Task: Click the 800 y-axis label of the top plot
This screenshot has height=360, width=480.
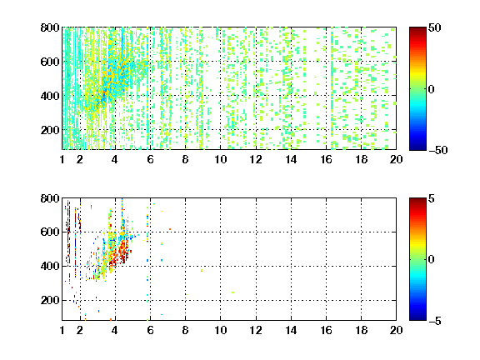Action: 50,27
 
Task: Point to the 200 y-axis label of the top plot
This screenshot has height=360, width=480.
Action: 50,130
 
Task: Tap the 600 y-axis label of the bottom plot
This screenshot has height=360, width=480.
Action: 50,232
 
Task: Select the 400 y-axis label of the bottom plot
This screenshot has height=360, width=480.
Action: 50,266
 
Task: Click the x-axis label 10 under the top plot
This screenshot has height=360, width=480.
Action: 220,159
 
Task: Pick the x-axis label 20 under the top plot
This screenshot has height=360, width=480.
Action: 396,159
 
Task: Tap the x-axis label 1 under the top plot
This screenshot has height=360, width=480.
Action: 62,159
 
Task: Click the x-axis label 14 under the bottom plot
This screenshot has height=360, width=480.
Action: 291,330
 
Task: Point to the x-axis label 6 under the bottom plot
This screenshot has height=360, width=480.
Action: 150,330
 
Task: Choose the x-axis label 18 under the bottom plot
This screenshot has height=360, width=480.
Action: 361,330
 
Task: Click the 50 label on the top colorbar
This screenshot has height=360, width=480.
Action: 435,27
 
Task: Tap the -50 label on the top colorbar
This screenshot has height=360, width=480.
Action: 437,150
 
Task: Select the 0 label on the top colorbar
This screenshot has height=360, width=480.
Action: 431,89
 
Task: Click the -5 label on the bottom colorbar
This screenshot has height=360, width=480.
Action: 435,321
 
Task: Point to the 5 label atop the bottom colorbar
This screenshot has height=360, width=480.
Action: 432,198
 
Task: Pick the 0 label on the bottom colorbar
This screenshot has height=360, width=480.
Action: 431,260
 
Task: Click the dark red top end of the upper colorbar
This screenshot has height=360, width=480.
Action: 417,28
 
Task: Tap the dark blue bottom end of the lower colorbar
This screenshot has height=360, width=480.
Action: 417,318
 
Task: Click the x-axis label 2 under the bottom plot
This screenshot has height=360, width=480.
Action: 80,330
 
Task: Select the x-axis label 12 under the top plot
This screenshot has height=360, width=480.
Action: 256,159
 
